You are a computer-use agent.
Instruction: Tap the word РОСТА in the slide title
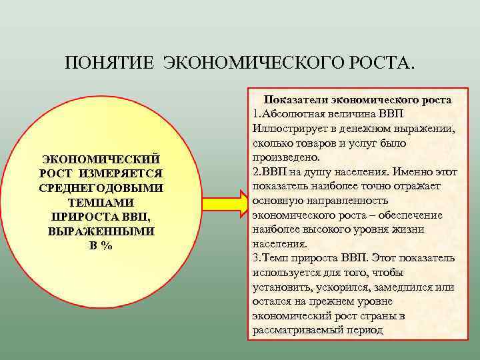382,63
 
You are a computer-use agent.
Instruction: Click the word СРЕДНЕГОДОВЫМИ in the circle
101,188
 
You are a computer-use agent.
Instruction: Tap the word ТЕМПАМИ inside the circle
101,202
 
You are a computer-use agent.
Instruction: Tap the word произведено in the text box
285,157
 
